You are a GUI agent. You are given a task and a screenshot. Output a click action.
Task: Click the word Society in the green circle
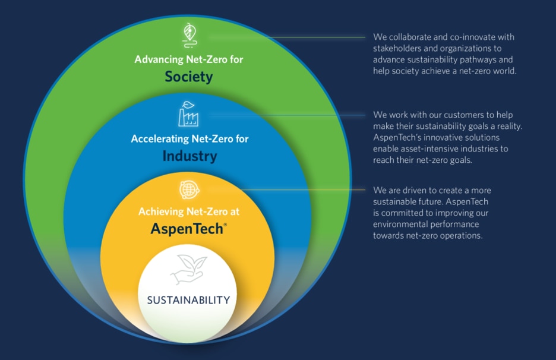pyautogui.click(x=189, y=77)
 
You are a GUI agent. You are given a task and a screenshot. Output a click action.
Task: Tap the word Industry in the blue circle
pyautogui.click(x=189, y=156)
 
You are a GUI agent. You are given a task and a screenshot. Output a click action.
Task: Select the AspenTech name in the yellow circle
pyautogui.click(x=187, y=229)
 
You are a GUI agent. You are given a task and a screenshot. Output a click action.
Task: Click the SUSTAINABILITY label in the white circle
pyautogui.click(x=189, y=301)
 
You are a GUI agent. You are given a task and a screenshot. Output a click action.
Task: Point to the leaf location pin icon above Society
pyautogui.click(x=189, y=36)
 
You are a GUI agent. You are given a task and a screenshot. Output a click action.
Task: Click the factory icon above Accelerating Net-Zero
pyautogui.click(x=188, y=114)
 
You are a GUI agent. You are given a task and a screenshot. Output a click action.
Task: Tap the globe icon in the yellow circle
pyautogui.click(x=189, y=190)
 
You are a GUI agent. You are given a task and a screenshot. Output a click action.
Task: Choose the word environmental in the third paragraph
pyautogui.click(x=396, y=224)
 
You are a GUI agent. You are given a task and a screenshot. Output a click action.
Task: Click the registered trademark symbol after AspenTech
pyautogui.click(x=225, y=224)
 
